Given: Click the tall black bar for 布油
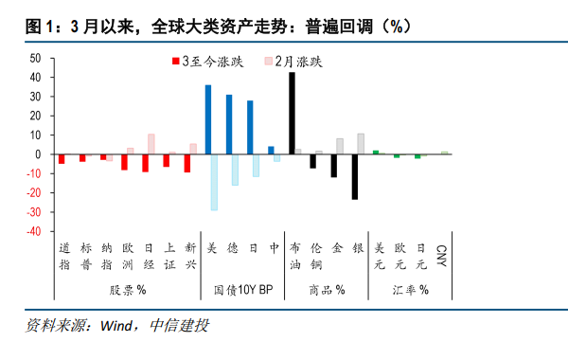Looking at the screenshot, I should click(x=292, y=113).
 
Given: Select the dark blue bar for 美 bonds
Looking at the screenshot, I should click(x=208, y=119).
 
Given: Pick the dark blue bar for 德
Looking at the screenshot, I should click(x=229, y=124).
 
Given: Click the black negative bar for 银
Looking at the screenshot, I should click(x=355, y=176).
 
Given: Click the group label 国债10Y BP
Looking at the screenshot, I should click(x=242, y=289).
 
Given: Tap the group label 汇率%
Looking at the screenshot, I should click(x=411, y=289).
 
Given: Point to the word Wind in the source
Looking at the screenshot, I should click(x=116, y=327).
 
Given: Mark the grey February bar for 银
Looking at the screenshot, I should click(x=361, y=144).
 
